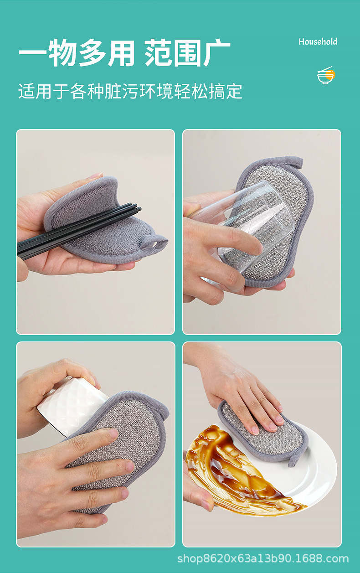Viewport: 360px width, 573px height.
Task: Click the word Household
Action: tap(318, 41)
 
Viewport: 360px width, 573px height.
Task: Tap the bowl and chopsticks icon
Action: tap(326, 75)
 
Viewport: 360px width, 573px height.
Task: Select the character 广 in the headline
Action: tap(216, 53)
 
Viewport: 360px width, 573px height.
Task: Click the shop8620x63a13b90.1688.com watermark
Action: tap(263, 559)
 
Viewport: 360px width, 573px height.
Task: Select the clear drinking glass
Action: tap(243, 227)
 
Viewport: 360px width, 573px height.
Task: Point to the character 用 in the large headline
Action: tap(121, 53)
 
